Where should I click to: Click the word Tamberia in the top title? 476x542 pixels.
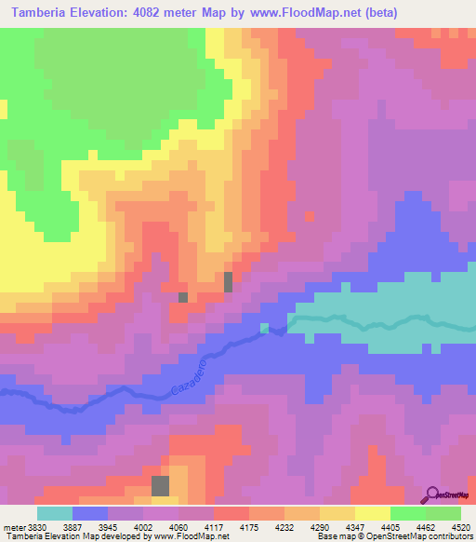pos(42,12)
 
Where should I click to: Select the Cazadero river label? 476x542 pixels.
pos(185,379)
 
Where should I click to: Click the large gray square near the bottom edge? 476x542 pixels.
pos(161,485)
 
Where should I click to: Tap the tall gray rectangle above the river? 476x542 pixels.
pos(228,281)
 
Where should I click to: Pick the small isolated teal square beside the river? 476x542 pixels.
pos(265,328)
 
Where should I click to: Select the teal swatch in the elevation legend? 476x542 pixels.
pos(55,513)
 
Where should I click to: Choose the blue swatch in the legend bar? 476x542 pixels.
pos(90,513)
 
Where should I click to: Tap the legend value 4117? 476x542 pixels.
pos(216,526)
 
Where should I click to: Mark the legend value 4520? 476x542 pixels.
pos(461,526)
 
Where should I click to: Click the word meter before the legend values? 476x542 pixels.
pos(13,526)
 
